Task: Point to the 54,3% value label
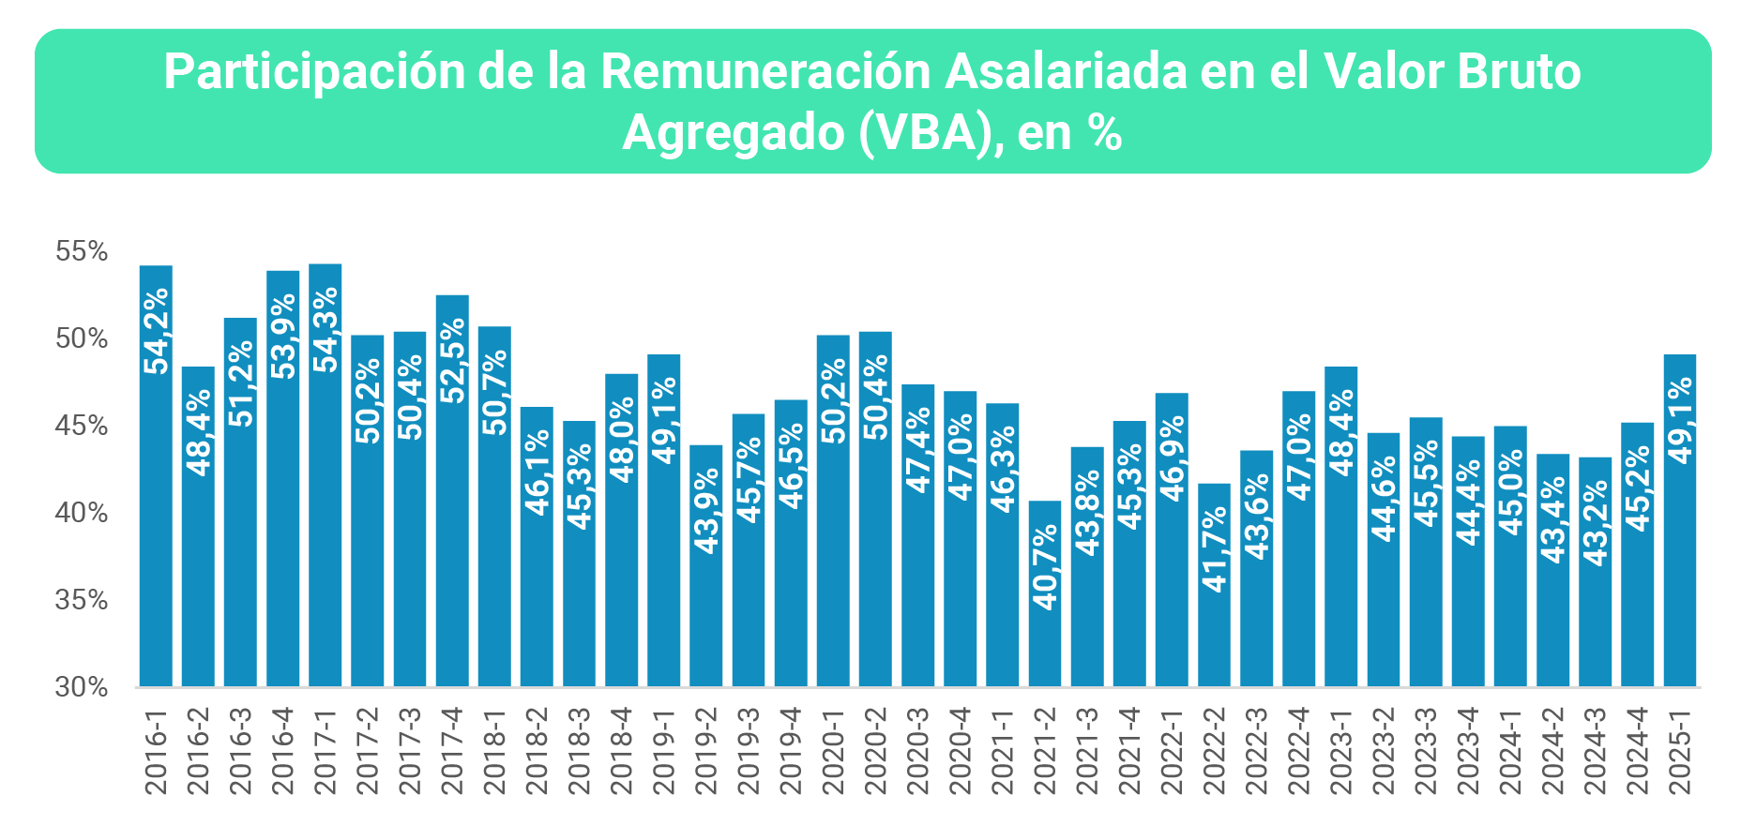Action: coord(325,330)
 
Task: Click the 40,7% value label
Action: coord(1045,567)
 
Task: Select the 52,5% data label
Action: coord(452,361)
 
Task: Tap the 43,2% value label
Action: coord(1596,523)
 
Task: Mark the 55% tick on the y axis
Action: coord(82,251)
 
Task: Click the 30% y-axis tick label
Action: coord(82,687)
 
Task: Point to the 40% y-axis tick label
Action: coord(82,513)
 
